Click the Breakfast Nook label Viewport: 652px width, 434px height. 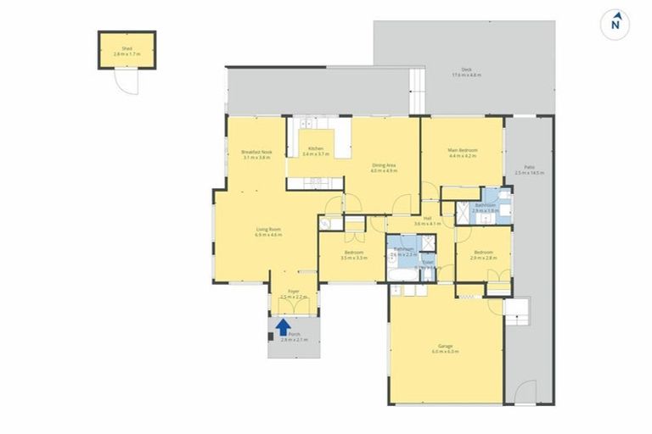pyautogui.click(x=256, y=154)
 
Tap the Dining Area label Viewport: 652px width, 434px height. pyautogui.click(x=385, y=167)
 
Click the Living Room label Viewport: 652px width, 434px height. pyautogui.click(x=268, y=231)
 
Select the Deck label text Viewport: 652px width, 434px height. pyautogui.click(x=466, y=72)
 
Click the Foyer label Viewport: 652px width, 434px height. pyautogui.click(x=293, y=294)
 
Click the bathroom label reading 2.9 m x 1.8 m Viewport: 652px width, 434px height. pyautogui.click(x=486, y=207)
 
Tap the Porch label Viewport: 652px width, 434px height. pyautogui.click(x=295, y=337)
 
